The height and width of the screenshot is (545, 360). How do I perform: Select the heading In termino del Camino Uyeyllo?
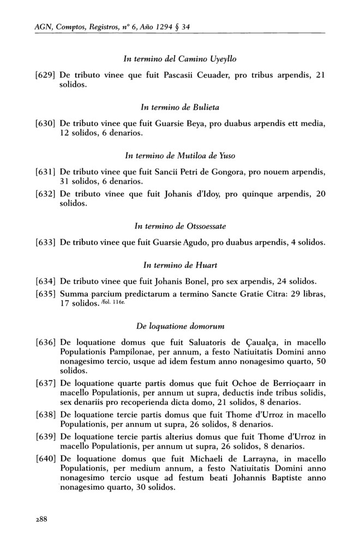pyautogui.click(x=179, y=58)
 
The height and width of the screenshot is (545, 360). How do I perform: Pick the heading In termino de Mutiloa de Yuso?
pyautogui.click(x=179, y=156)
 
